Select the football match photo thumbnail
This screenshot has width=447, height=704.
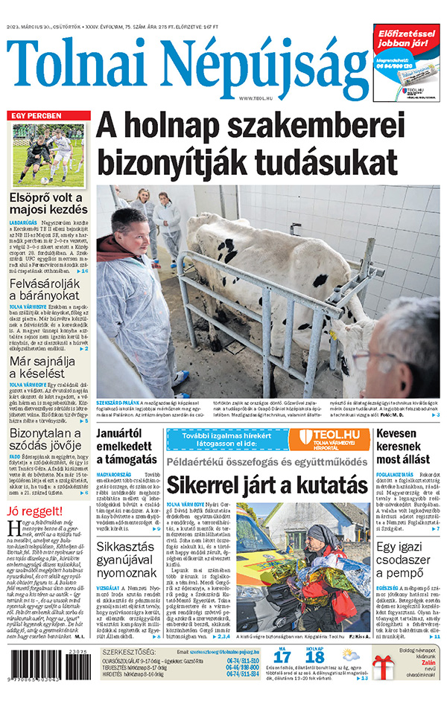48,154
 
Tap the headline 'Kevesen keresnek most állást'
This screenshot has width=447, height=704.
407,443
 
